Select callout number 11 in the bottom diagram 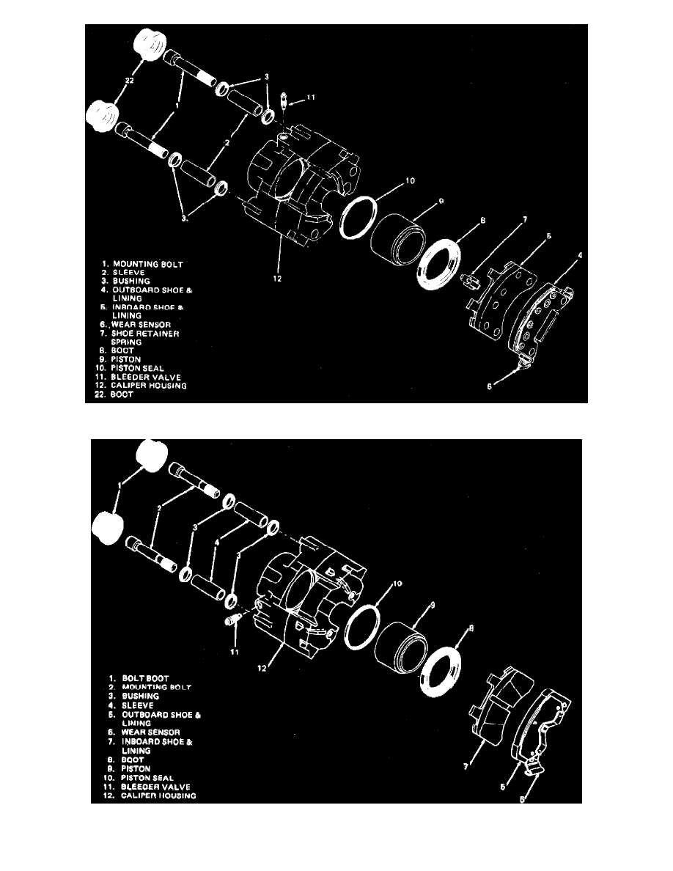pyautogui.click(x=234, y=650)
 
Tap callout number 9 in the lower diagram pyautogui.click(x=431, y=605)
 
